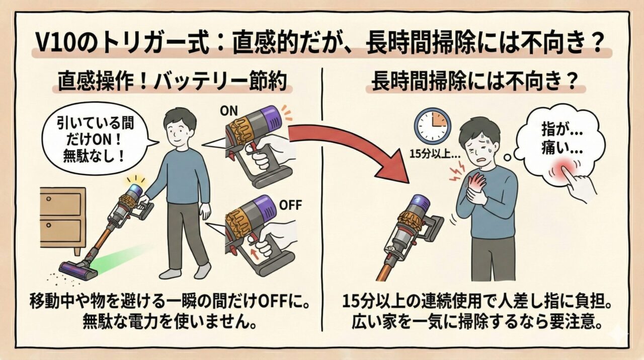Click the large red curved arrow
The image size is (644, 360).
[x=352, y=146]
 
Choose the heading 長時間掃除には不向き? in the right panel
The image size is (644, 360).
[x=473, y=83]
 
